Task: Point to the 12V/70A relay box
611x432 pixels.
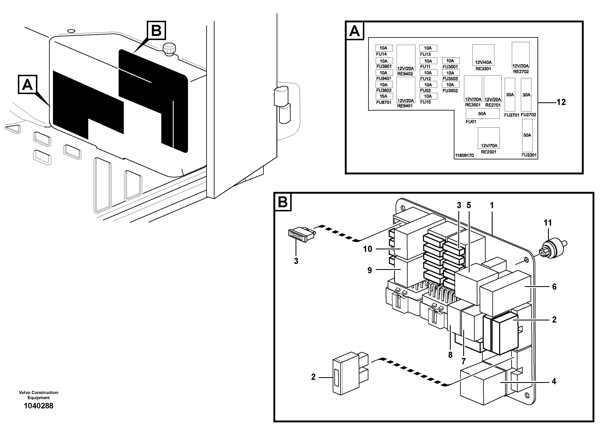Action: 489,138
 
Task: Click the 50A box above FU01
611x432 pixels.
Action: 482,113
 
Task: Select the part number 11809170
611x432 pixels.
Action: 464,155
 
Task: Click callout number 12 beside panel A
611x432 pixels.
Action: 561,102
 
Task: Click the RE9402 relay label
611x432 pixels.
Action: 405,74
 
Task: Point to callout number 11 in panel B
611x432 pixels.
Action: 547,223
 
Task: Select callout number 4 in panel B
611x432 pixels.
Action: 554,381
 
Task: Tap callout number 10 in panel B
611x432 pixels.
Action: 368,249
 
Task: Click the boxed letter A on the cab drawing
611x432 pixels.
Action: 28,84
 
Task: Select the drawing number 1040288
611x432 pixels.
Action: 39,406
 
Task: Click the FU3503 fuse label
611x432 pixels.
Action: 450,78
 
